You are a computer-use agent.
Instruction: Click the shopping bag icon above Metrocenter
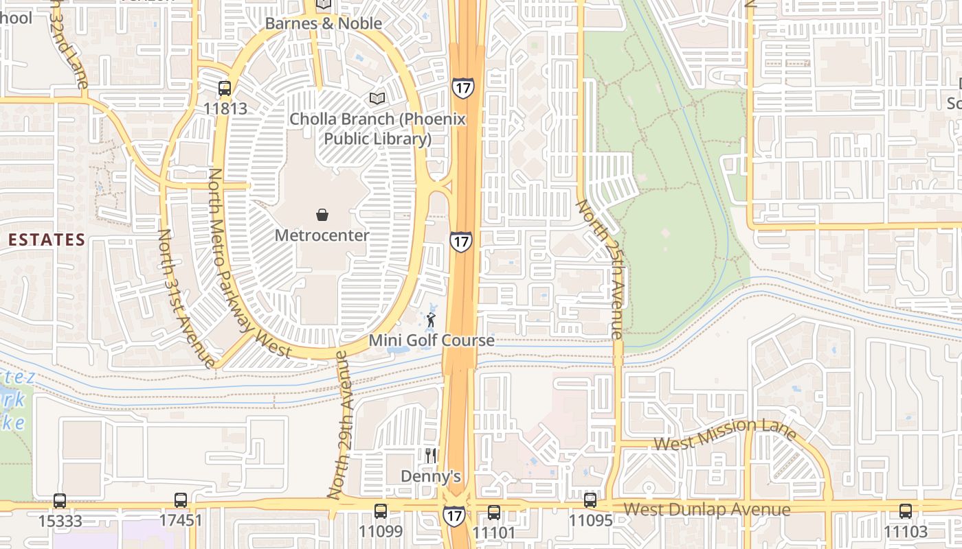[322, 215]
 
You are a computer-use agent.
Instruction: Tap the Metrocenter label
[322, 235]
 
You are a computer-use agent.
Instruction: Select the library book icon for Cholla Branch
[376, 98]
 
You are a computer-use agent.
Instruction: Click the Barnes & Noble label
[323, 23]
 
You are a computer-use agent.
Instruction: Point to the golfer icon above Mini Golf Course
[431, 320]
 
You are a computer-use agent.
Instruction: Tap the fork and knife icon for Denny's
[431, 455]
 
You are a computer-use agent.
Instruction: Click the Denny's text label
[430, 476]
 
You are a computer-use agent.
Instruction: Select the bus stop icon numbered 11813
[225, 89]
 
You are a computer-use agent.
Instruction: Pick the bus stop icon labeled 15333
[60, 501]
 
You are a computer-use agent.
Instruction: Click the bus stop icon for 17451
[181, 501]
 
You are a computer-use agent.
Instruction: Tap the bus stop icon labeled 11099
[380, 511]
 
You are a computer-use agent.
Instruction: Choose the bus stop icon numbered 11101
[493, 512]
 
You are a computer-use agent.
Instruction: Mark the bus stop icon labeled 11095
[590, 500]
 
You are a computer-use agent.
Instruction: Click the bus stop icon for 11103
[905, 511]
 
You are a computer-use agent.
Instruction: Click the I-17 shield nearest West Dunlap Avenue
[453, 515]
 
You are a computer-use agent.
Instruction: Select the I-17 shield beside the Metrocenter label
[461, 241]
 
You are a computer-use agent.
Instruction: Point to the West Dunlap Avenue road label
[706, 510]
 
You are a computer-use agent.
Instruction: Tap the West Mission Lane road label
[724, 434]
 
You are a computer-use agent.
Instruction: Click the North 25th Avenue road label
[600, 269]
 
